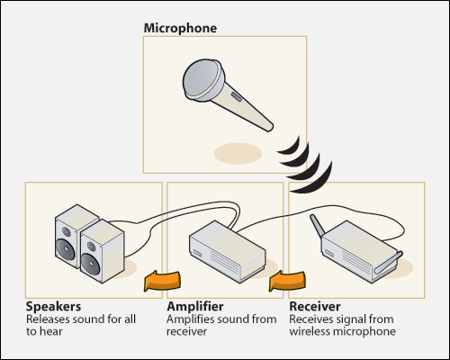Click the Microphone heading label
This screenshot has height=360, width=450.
pyautogui.click(x=180, y=28)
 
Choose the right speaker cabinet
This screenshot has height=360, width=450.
pyautogui.click(x=101, y=250)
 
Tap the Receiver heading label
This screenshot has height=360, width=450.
pyautogui.click(x=315, y=307)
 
